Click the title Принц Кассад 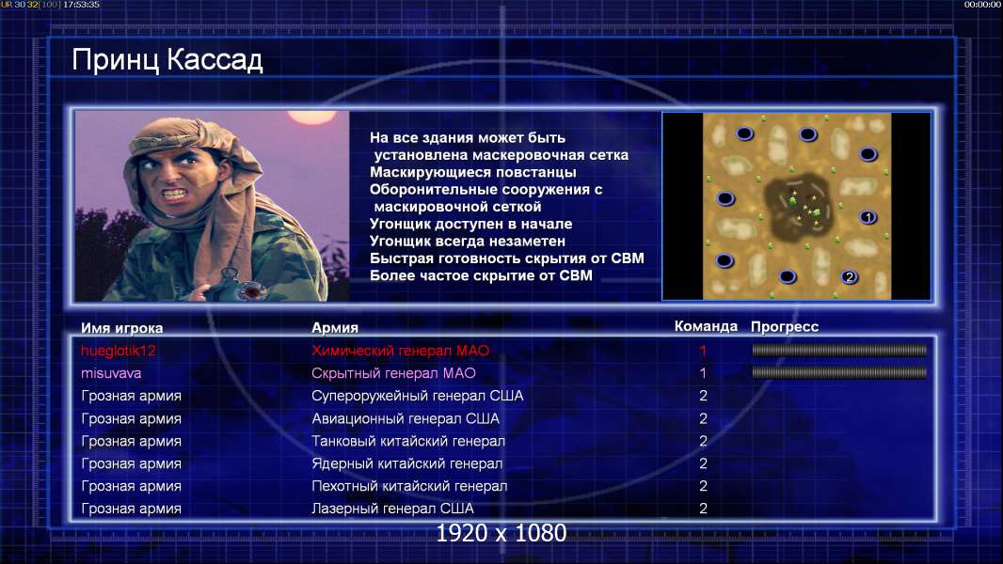tap(167, 61)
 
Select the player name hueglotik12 tap(119, 351)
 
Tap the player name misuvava tap(111, 373)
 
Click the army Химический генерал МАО tap(401, 351)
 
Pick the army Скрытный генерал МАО tap(393, 373)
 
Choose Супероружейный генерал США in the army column tap(417, 396)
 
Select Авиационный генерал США tap(405, 419)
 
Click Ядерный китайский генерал tap(406, 463)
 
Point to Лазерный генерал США tap(392, 509)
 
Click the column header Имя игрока tap(121, 328)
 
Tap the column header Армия tap(335, 328)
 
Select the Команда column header tap(706, 326)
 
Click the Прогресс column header tap(784, 327)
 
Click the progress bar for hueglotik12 tap(839, 350)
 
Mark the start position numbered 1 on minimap tap(868, 218)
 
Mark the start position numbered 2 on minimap tap(850, 276)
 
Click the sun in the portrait tap(312, 117)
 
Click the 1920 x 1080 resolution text tap(501, 533)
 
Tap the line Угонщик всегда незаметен tap(467, 242)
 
